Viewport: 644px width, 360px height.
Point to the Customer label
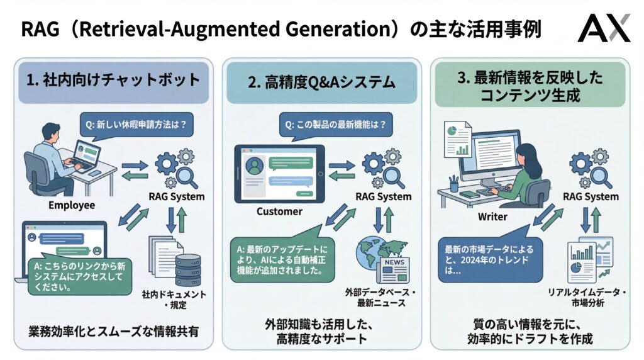click(279, 211)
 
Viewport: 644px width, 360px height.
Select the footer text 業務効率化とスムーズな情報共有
click(113, 330)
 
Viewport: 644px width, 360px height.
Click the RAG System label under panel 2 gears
click(382, 196)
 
